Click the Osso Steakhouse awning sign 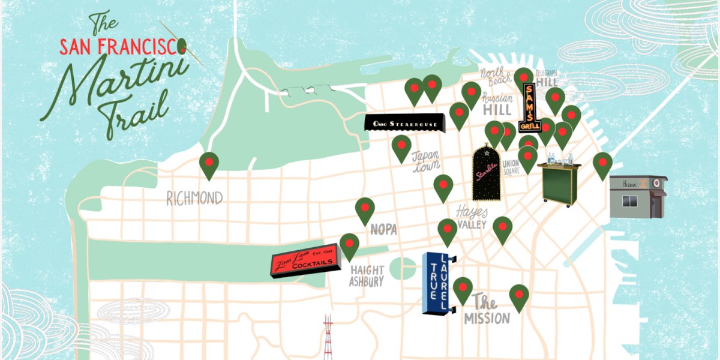tap(405, 124)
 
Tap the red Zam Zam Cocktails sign tap(305, 264)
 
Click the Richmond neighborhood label tap(194, 199)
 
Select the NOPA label tap(384, 229)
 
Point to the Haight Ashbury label tap(366, 275)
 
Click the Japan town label tap(426, 160)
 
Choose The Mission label tap(486, 310)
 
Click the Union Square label tap(511, 167)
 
